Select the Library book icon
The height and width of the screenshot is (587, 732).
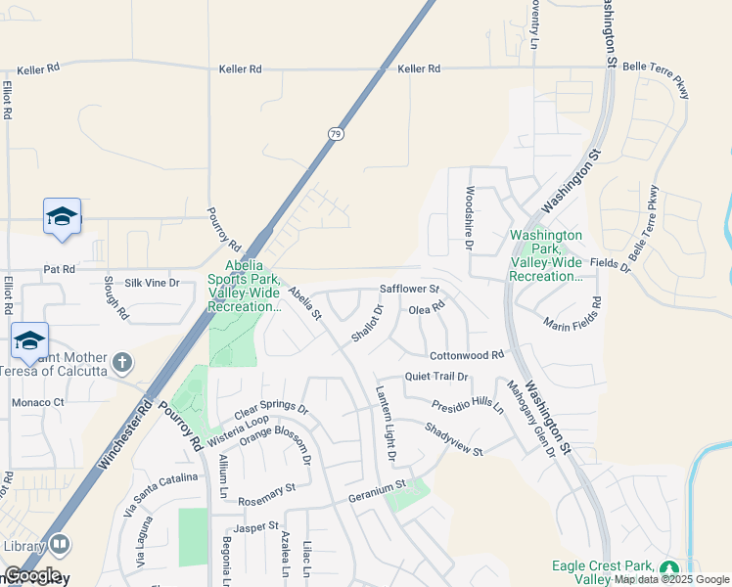point(59,543)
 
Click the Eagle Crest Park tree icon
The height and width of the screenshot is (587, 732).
point(669,568)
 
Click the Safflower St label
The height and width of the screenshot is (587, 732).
point(409,290)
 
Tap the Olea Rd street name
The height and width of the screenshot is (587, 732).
point(427,309)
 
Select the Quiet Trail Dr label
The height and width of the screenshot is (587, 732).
point(437,376)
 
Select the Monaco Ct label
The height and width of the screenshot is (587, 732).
point(37,402)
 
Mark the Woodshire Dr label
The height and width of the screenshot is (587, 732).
point(470,221)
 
